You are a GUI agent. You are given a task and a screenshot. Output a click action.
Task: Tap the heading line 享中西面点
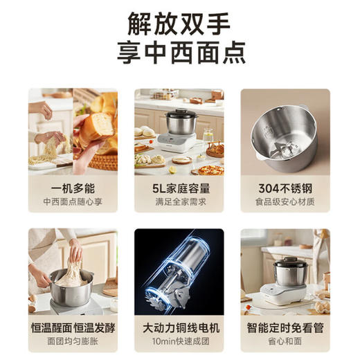click(x=179, y=54)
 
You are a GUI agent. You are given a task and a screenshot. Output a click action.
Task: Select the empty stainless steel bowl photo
click(x=285, y=135)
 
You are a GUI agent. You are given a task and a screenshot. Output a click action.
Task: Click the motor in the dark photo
click(x=179, y=267)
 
